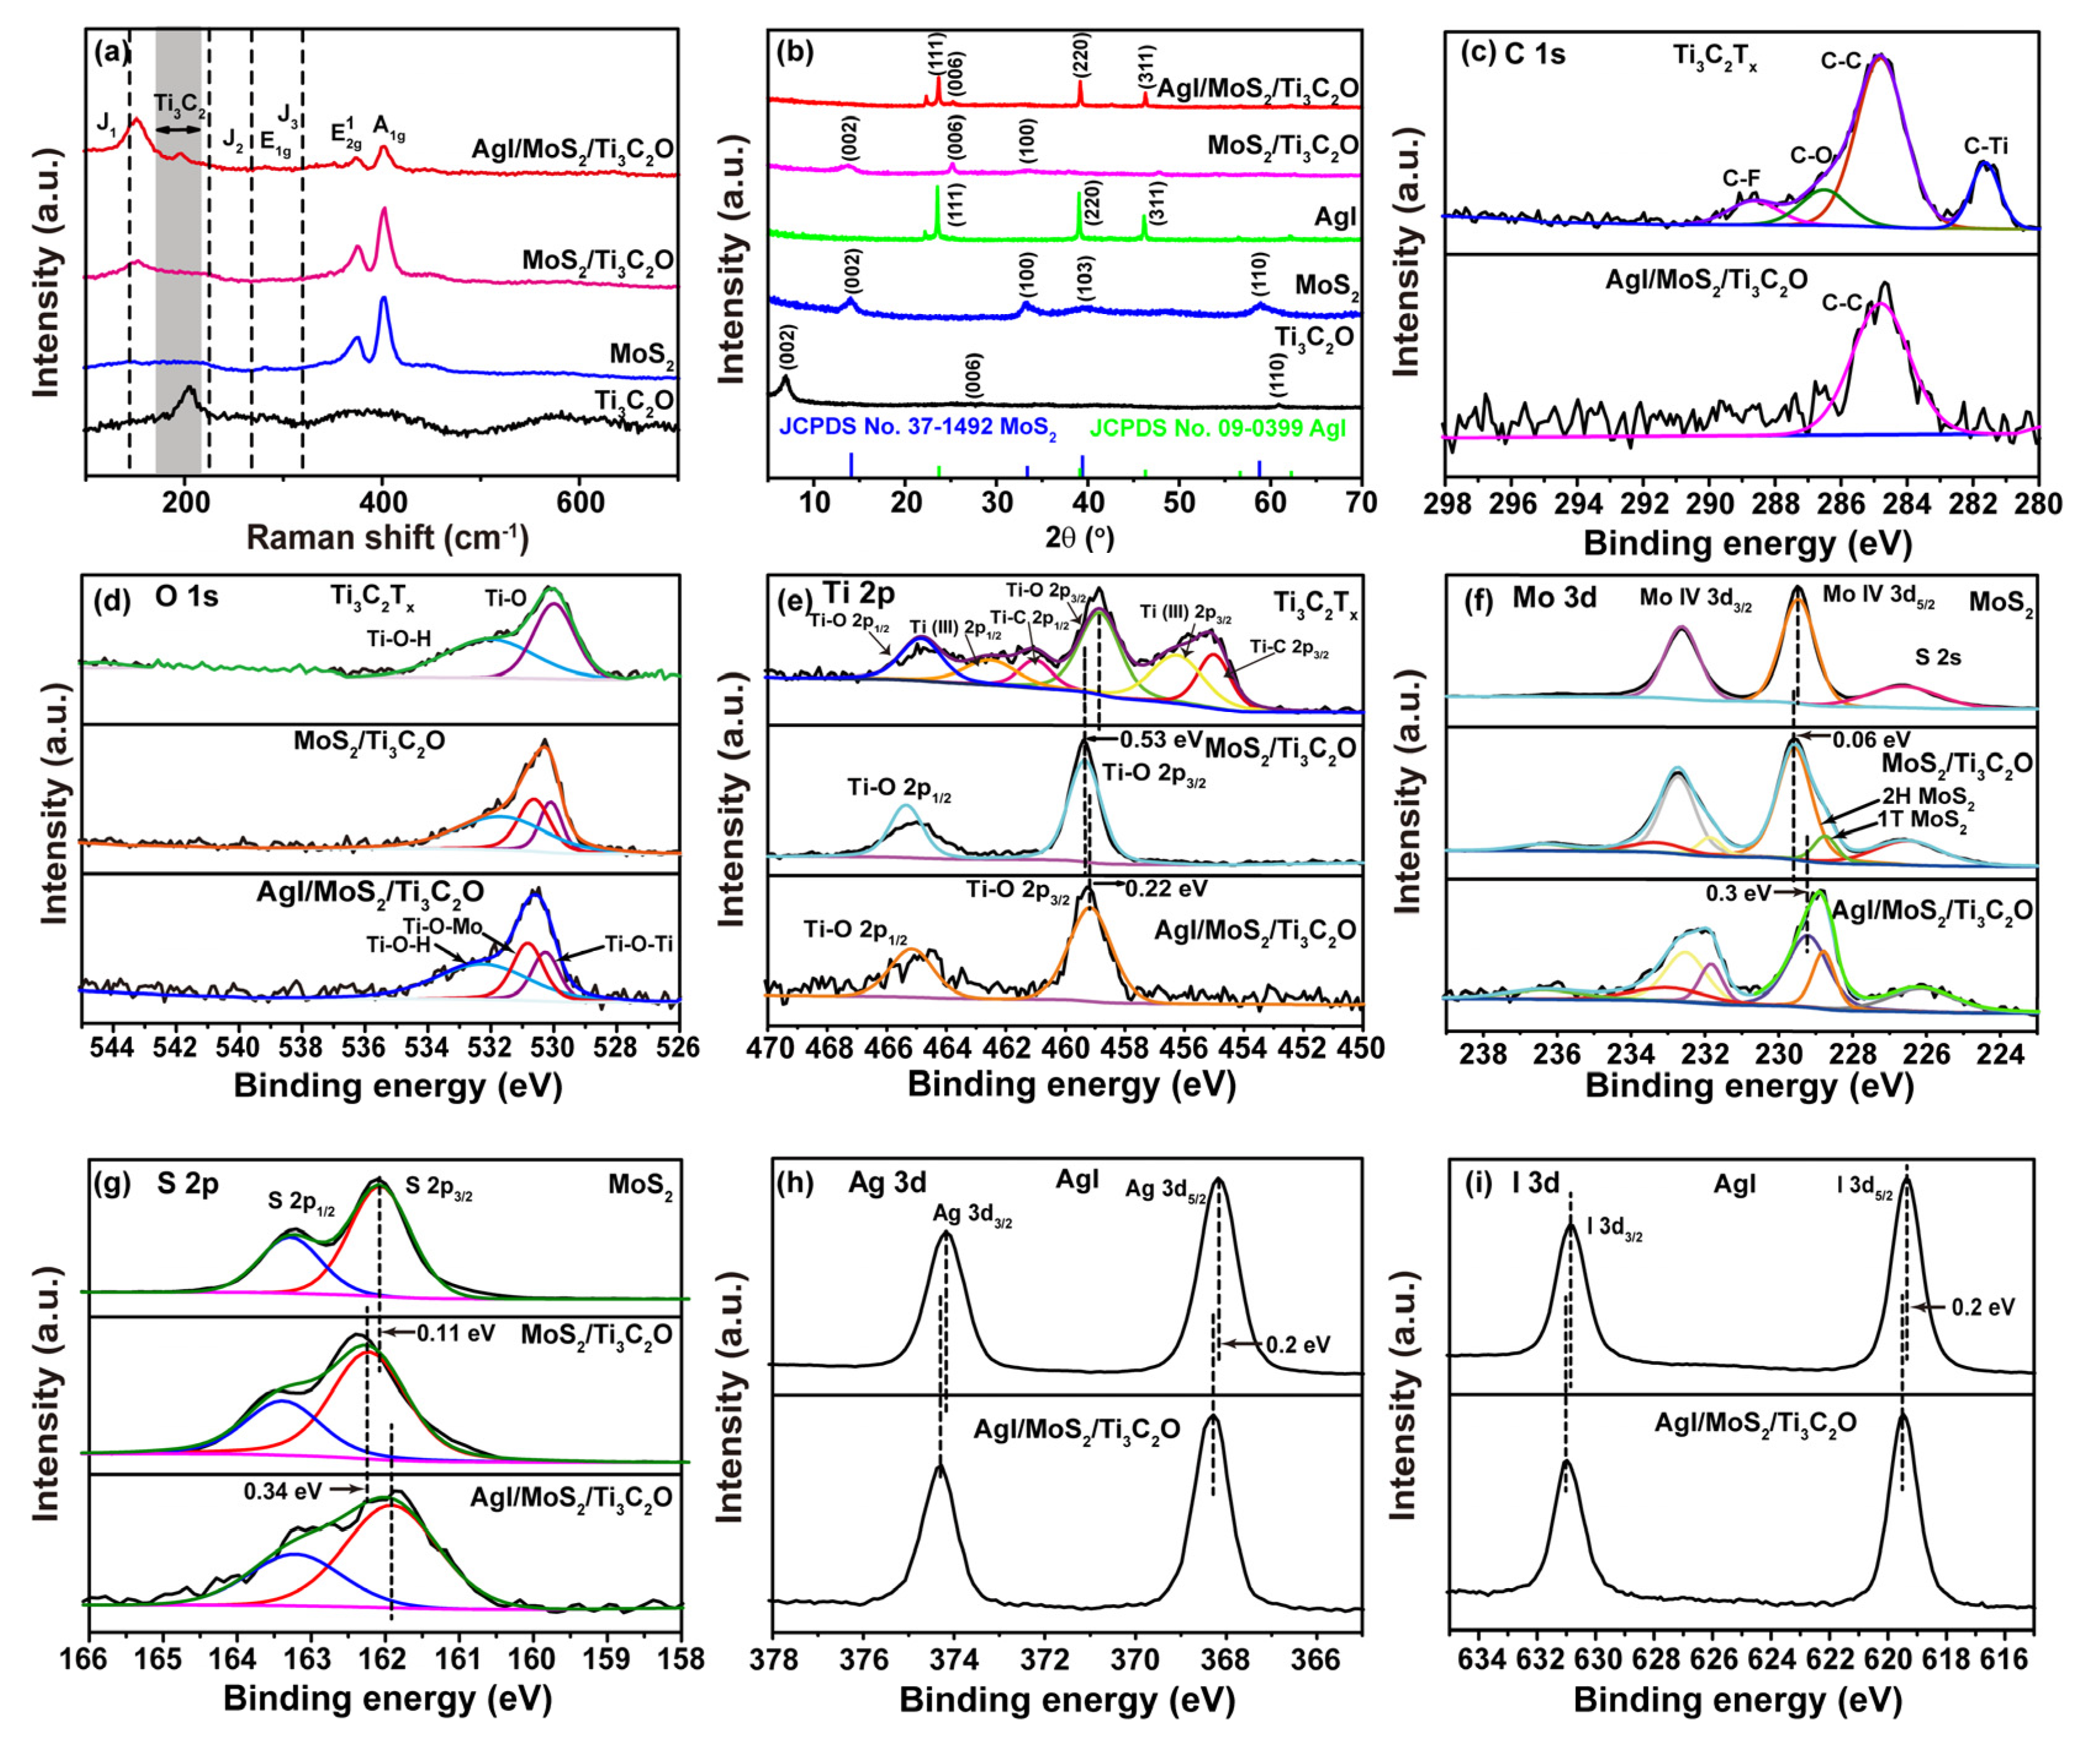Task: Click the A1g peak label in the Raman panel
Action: coord(388,127)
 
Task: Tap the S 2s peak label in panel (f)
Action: coord(1937,657)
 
